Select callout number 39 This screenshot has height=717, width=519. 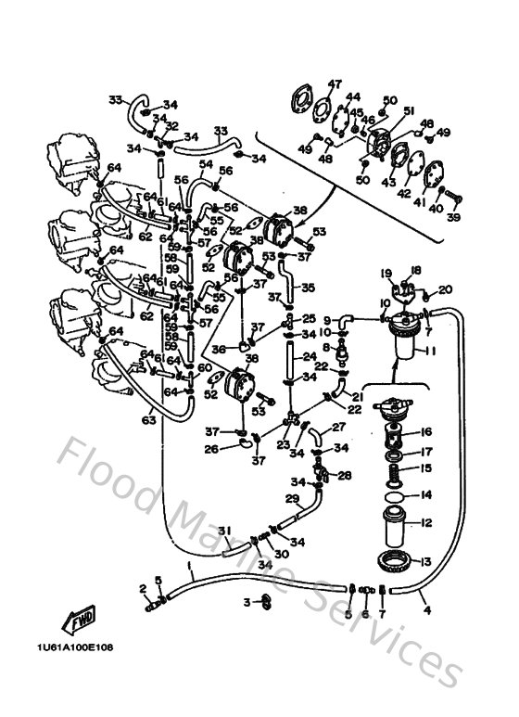453,217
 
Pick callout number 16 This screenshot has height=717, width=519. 427,432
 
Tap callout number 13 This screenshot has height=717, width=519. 427,561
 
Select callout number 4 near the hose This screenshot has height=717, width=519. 427,610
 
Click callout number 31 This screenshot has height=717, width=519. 223,530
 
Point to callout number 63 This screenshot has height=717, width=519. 149,420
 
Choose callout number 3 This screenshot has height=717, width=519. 247,602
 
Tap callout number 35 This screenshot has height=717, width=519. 309,287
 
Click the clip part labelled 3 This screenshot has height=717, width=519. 264,601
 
